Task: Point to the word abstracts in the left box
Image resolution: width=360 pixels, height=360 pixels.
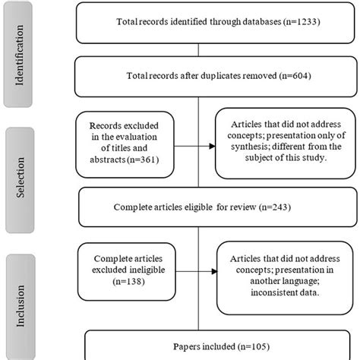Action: point(115,161)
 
